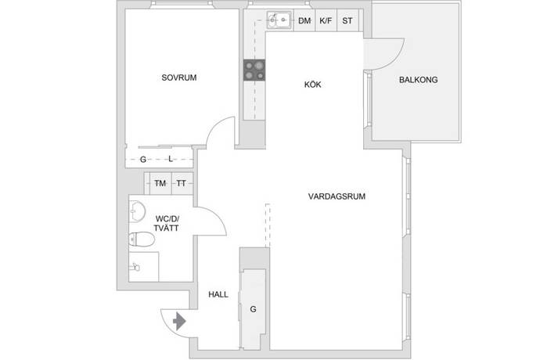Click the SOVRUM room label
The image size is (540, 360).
point(179,77)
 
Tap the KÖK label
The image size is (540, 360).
point(313,85)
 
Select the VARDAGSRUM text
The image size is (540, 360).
point(337,196)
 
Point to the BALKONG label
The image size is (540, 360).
point(419,80)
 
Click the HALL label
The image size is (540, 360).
point(218,294)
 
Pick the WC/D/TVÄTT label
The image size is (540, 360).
point(167,223)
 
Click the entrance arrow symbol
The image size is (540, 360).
point(179,322)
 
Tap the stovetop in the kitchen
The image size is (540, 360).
point(254,70)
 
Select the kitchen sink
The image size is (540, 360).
point(279,20)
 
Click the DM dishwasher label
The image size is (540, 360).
point(304,20)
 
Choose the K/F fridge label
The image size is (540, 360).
point(326,20)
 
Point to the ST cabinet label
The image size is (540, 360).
point(347,20)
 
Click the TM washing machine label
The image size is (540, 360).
point(160,183)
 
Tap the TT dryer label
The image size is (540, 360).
point(182,183)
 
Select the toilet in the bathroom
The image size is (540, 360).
point(142,239)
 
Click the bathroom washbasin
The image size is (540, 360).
point(137,211)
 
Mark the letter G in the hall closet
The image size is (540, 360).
point(253,309)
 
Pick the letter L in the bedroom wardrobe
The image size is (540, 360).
point(171,159)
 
